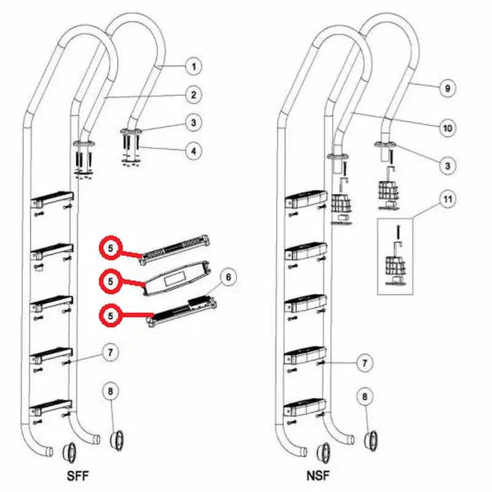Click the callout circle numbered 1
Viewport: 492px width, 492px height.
click(194, 66)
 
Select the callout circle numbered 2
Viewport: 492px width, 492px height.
click(194, 95)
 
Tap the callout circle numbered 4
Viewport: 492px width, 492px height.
click(194, 151)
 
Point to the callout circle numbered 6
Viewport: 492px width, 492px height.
click(228, 277)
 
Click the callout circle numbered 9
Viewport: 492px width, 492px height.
click(448, 88)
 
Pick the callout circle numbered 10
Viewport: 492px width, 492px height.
click(448, 128)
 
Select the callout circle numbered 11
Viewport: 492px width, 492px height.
click(448, 199)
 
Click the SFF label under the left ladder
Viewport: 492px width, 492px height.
click(78, 475)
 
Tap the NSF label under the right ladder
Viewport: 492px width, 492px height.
click(318, 475)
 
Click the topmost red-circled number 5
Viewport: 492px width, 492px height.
click(110, 248)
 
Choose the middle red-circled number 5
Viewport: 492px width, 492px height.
click(110, 282)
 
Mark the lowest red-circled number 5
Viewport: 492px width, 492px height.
click(110, 315)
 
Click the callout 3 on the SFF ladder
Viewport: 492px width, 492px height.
click(194, 122)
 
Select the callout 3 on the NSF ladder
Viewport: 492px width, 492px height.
click(448, 165)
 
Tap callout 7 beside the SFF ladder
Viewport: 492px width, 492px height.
click(110, 352)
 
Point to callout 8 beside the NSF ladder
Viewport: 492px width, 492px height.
click(364, 396)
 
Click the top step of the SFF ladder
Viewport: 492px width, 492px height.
click(52, 199)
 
